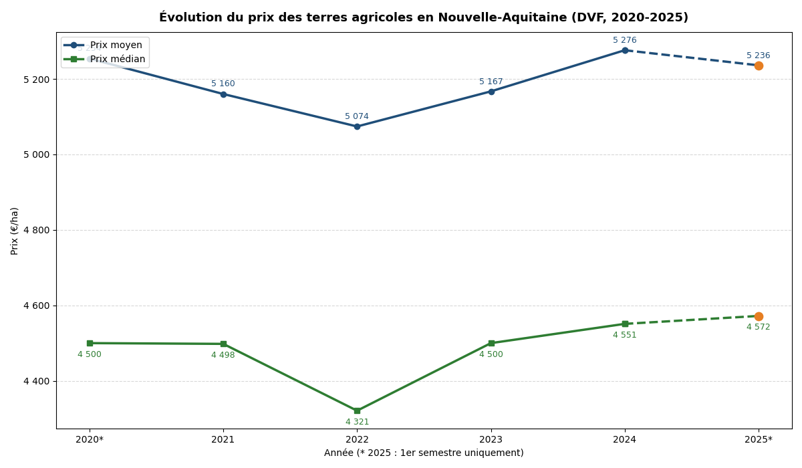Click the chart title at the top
tap(423, 17)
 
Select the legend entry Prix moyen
tap(116, 45)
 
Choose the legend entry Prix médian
tap(118, 59)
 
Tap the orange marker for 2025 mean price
tap(759, 66)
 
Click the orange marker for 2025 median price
tap(759, 316)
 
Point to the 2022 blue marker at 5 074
tap(357, 126)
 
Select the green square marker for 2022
tap(357, 411)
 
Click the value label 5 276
tap(624, 40)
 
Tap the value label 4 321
tap(357, 422)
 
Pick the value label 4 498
tap(223, 355)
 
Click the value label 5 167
tap(491, 82)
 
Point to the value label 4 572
tap(758, 327)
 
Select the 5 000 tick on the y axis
tap(37, 154)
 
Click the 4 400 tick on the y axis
tap(37, 381)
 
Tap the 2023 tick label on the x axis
tap(491, 439)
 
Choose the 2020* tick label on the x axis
tap(90, 439)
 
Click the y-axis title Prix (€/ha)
tap(15, 231)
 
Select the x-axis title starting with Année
tap(424, 453)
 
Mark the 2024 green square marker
tap(625, 324)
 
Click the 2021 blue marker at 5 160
tap(223, 94)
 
